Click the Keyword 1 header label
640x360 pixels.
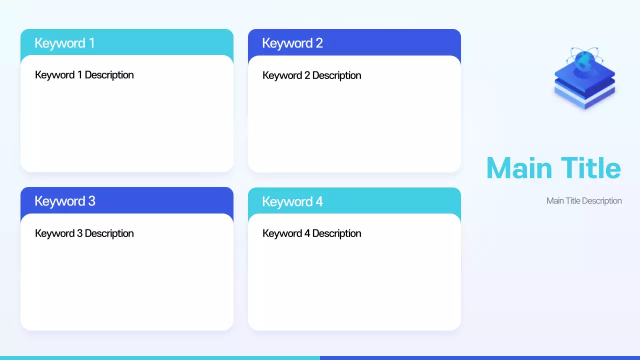point(64,43)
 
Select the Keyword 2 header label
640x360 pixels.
point(292,43)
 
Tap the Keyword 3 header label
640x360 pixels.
point(65,201)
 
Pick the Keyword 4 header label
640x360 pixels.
point(292,201)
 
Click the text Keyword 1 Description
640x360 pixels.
point(84,75)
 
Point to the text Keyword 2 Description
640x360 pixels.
point(312,75)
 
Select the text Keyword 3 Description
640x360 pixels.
point(84,233)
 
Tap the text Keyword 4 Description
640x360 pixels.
point(312,233)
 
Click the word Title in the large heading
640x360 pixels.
point(590,168)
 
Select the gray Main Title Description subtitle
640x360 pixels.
point(584,201)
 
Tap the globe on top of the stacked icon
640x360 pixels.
point(584,61)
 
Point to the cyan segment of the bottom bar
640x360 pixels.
point(160,357)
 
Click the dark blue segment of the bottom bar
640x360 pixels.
point(480,357)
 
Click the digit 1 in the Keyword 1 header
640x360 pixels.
point(91,43)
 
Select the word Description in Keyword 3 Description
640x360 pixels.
point(109,233)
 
